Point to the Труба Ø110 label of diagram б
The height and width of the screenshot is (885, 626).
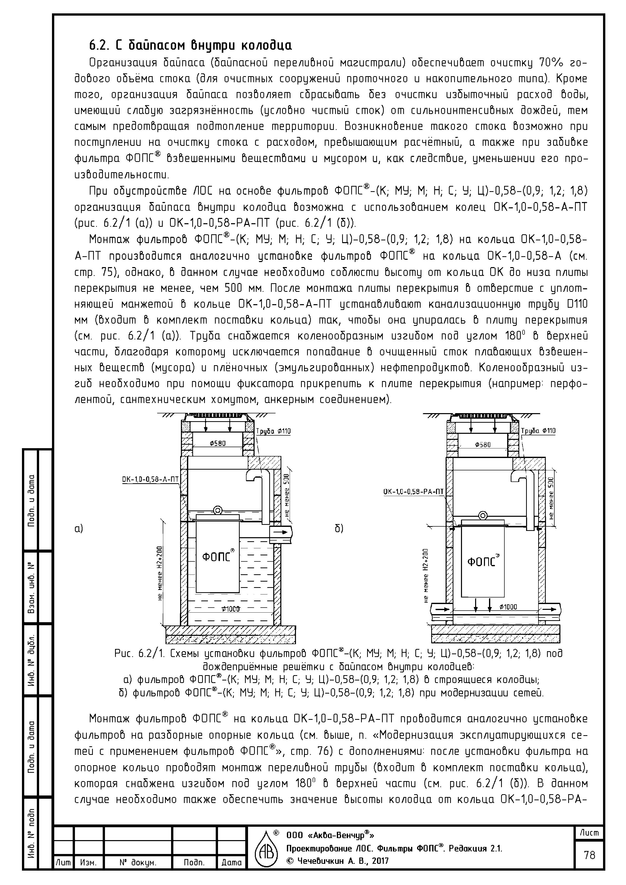tap(538, 431)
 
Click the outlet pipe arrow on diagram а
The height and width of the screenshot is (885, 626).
tap(281, 532)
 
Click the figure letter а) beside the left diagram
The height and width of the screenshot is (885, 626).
tap(79, 529)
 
